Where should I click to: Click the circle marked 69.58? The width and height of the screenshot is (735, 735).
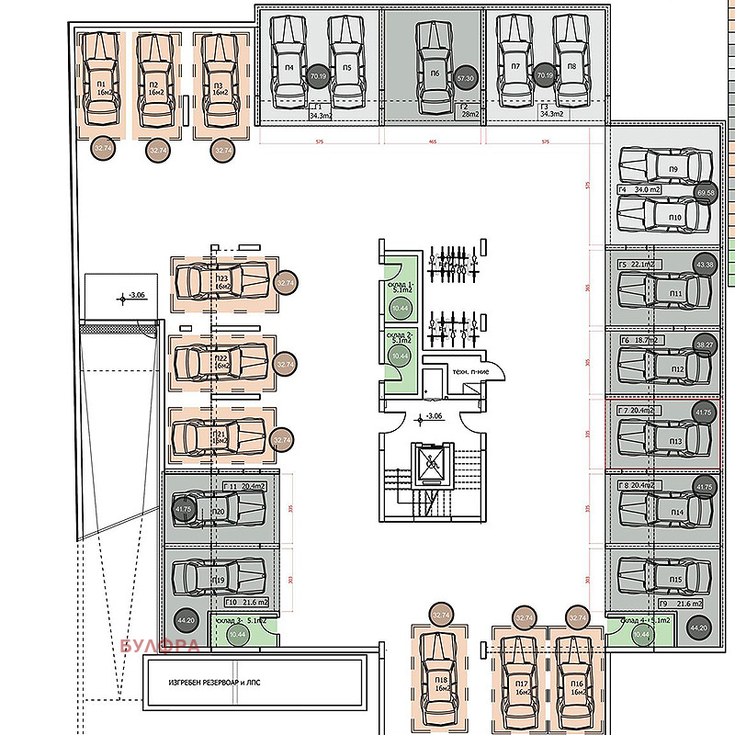[706, 193]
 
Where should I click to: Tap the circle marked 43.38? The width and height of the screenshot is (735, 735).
[705, 265]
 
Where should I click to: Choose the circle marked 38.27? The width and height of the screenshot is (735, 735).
[705, 345]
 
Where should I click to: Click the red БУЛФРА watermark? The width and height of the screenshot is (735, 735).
[160, 646]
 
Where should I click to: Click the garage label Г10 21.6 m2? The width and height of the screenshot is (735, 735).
[245, 602]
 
